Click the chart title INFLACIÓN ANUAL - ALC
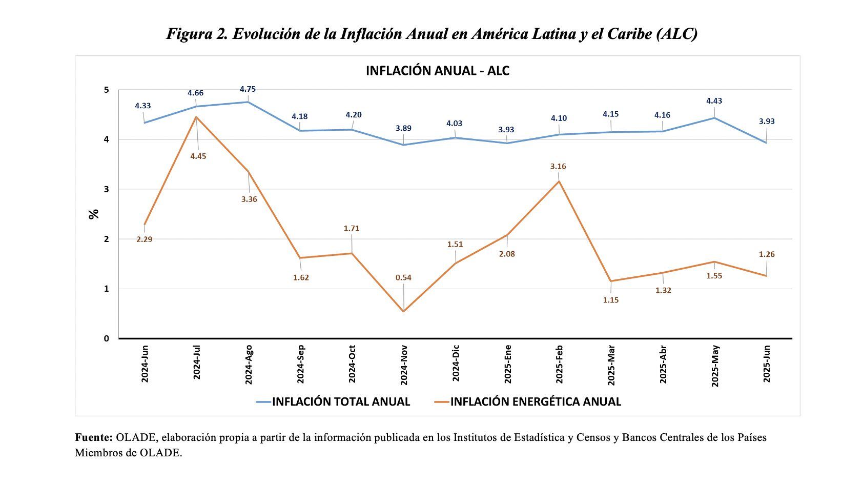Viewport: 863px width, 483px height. [x=437, y=71]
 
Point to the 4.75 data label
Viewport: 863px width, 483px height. [x=248, y=89]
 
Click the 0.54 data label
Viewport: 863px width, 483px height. [x=403, y=277]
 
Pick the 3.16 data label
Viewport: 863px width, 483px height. [x=558, y=167]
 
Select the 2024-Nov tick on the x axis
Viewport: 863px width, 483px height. [x=404, y=365]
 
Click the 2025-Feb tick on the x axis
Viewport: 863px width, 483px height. [x=560, y=364]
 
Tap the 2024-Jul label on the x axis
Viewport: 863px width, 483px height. [x=196, y=363]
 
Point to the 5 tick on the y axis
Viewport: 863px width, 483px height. [x=106, y=90]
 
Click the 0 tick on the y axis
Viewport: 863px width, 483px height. [x=106, y=338]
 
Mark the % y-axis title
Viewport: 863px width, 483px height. [x=94, y=214]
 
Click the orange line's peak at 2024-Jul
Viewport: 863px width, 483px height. [x=196, y=117]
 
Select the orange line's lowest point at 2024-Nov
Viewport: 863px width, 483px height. [x=404, y=311]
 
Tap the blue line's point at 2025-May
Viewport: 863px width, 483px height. [x=715, y=118]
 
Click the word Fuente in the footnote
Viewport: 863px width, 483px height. [x=93, y=437]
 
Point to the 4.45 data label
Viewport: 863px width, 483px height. [x=198, y=156]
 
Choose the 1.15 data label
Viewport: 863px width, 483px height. [x=611, y=300]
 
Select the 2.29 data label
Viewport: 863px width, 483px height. [x=144, y=239]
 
